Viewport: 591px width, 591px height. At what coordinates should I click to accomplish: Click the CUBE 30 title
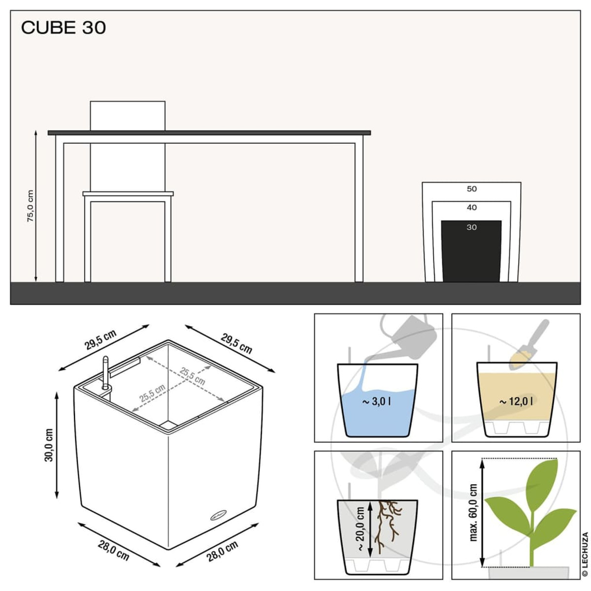[64, 28]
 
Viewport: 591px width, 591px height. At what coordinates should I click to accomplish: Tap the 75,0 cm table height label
[30, 206]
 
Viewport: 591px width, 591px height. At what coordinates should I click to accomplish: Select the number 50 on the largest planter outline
[471, 189]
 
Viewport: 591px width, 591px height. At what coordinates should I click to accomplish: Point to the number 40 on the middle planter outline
[471, 207]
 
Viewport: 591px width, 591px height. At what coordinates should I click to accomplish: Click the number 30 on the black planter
[471, 227]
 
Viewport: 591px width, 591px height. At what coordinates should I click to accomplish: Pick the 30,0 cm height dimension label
[49, 445]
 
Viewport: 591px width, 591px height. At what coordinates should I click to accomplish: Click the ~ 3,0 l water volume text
[376, 401]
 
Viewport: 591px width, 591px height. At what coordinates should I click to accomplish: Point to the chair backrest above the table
[128, 116]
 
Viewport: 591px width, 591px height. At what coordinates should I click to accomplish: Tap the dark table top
[209, 133]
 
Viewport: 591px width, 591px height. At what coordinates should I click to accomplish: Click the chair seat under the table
[128, 194]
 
